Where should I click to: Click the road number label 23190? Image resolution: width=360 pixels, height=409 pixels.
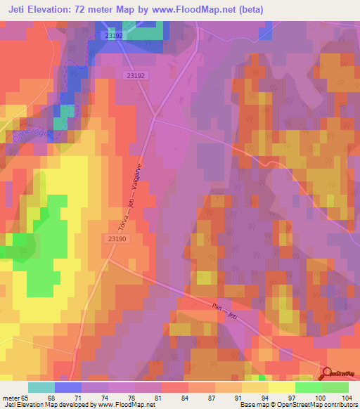[118, 239]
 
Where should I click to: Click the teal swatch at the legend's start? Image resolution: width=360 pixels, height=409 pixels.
[41, 387]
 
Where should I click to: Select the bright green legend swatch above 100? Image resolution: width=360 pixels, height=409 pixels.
[308, 387]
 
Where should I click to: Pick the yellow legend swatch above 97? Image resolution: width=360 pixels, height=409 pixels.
[281, 387]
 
